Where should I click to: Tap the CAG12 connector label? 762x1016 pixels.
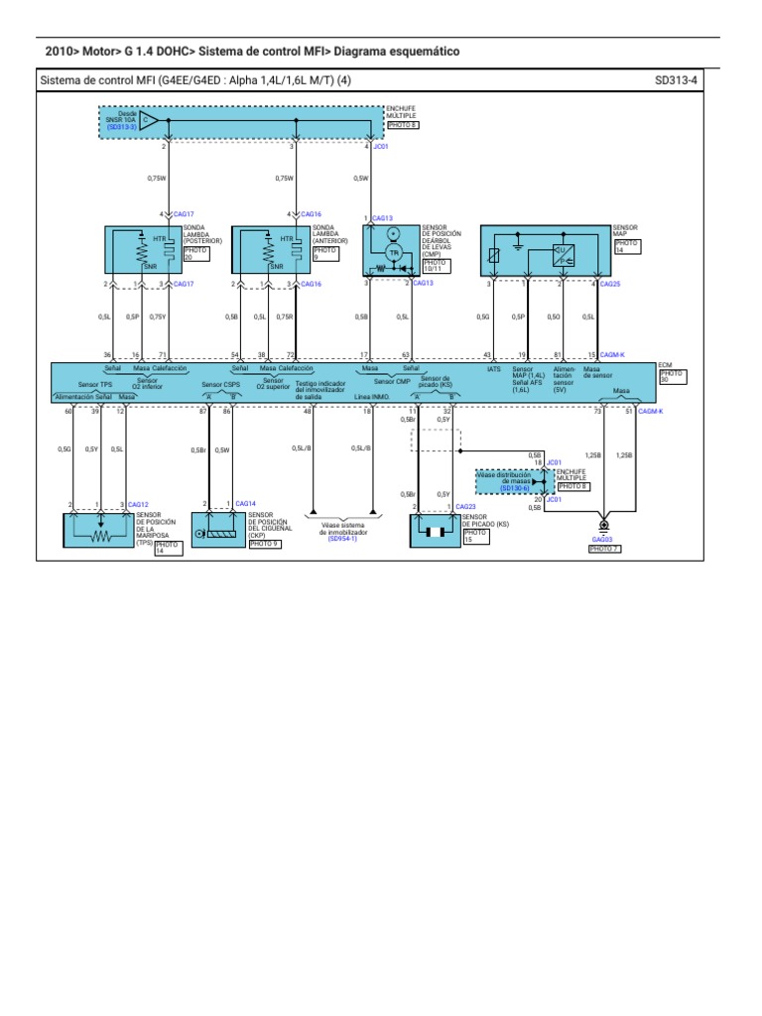click(x=137, y=505)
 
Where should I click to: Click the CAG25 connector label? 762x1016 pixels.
click(x=611, y=284)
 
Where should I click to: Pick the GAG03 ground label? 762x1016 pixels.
click(x=602, y=540)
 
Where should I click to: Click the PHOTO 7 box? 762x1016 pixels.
click(x=603, y=549)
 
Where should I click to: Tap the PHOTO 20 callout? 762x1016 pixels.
click(x=195, y=255)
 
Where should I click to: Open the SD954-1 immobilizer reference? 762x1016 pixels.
click(x=342, y=539)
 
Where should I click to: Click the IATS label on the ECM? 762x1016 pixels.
click(x=493, y=369)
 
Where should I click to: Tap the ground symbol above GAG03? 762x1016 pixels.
click(x=603, y=524)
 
